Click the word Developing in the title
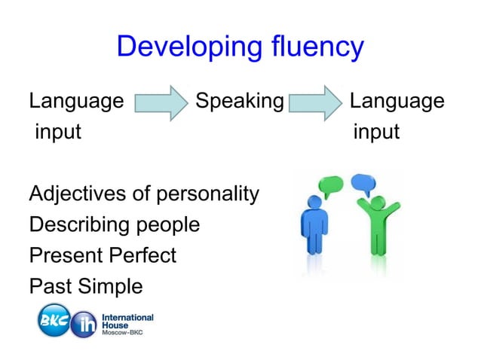tap(182, 47)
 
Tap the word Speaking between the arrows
tap(239, 101)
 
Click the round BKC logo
tap(54, 320)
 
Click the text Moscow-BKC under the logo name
tap(126, 332)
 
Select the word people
tap(170, 225)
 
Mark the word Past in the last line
tap(47, 286)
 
